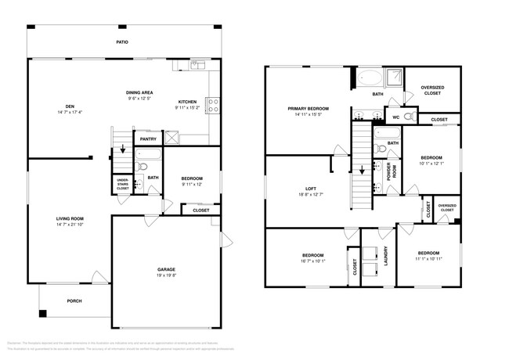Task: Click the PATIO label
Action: pos(122,42)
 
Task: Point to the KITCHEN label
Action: pos(187,102)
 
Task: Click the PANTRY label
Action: pos(147,140)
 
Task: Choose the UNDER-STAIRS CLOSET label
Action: pos(123,185)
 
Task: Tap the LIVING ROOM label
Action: pos(69,218)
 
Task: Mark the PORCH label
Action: pos(74,301)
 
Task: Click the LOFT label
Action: pos(310,188)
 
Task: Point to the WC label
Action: pos(396,118)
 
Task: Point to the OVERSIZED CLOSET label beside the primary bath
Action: pos(433,90)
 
